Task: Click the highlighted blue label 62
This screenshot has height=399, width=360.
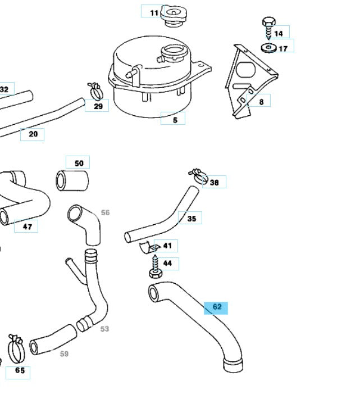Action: pos(216,307)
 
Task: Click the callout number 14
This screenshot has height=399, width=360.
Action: pos(279,33)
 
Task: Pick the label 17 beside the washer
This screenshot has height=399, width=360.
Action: pos(283,48)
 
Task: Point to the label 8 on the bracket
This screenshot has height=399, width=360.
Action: pos(261,102)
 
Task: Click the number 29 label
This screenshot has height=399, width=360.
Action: pos(98,106)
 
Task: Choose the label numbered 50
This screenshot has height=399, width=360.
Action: pos(78,164)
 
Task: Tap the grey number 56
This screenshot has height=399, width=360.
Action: pos(106,212)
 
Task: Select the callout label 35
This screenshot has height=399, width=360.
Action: pos(191,219)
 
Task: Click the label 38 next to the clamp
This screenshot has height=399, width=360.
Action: pos(215,182)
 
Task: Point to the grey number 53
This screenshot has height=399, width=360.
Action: pos(105,329)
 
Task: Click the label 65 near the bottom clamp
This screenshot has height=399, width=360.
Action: pos(19,371)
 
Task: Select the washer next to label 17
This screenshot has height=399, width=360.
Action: pos(269,47)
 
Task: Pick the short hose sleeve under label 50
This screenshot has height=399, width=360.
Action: pos(72,180)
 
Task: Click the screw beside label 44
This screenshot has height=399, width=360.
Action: pos(154,266)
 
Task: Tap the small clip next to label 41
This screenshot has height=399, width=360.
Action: pos(149,247)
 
